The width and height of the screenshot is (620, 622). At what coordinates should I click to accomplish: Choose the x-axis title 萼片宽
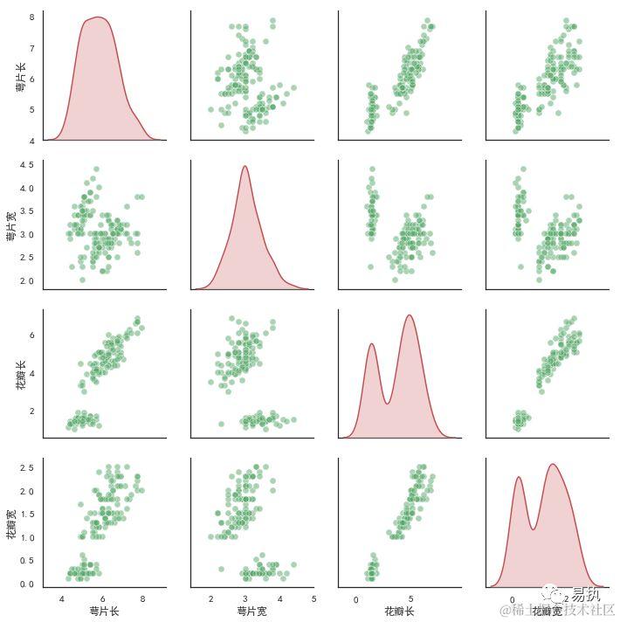click(x=251, y=611)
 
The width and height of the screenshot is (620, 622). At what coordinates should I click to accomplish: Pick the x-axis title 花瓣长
click(x=399, y=611)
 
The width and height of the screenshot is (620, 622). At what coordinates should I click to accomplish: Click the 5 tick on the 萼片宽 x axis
click(x=313, y=598)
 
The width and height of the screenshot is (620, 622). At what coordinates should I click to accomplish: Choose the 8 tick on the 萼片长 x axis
click(x=141, y=598)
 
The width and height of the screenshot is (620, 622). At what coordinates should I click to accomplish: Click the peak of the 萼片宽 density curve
click(x=245, y=166)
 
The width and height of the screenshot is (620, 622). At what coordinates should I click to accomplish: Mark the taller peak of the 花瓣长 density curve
click(x=409, y=315)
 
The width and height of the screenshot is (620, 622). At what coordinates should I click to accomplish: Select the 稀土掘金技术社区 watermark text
click(x=568, y=610)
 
